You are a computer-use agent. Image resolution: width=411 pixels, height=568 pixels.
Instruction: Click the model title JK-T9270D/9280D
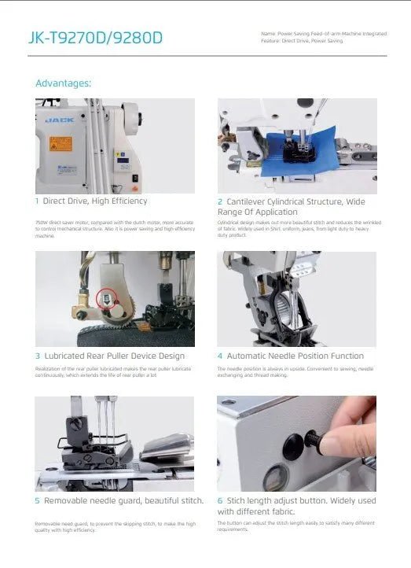click(95, 37)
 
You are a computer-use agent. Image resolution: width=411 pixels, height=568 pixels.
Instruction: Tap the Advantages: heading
click(64, 83)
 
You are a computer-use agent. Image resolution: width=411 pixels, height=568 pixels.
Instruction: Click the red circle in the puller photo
click(102, 298)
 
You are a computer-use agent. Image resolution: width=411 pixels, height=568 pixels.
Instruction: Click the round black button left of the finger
click(293, 444)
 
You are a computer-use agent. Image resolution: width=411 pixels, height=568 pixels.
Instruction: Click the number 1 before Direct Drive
click(37, 201)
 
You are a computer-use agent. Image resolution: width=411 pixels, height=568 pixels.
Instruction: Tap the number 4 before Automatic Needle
click(219, 356)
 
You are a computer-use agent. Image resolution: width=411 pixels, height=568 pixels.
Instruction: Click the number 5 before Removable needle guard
click(37, 500)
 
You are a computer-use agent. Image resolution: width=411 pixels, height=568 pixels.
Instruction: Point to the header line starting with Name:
click(323, 34)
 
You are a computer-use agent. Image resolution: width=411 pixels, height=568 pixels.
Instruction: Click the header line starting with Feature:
click(303, 40)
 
